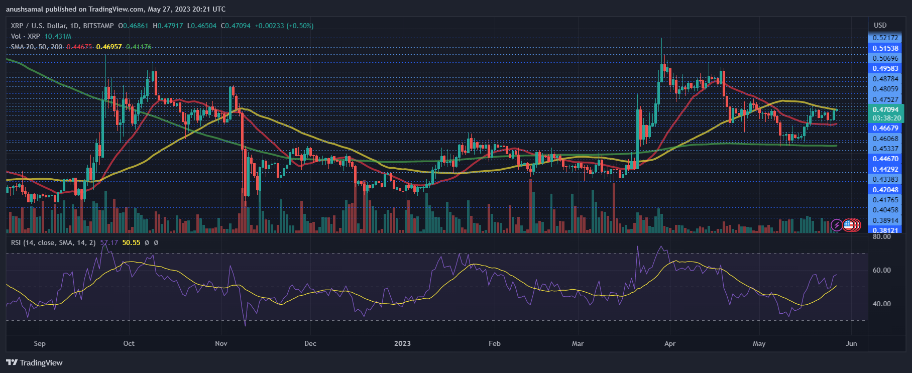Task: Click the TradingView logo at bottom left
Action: pyautogui.click(x=34, y=362)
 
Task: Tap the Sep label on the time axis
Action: pyautogui.click(x=40, y=343)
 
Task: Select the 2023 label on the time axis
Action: pyautogui.click(x=402, y=343)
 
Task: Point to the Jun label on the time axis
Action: pyautogui.click(x=851, y=343)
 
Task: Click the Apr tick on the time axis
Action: pyautogui.click(x=669, y=343)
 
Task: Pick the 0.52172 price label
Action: pyautogui.click(x=885, y=38)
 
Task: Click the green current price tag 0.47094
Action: pyautogui.click(x=885, y=109)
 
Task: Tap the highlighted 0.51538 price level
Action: pyautogui.click(x=885, y=48)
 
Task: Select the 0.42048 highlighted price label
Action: pyautogui.click(x=885, y=190)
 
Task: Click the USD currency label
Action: pyautogui.click(x=880, y=25)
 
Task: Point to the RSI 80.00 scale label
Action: pyautogui.click(x=882, y=236)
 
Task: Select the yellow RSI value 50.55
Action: pyautogui.click(x=131, y=242)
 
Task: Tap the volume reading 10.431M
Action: pyautogui.click(x=58, y=36)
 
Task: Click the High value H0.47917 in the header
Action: pyautogui.click(x=168, y=26)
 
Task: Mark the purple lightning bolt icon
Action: pyautogui.click(x=836, y=225)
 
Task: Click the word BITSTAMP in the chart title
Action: pyautogui.click(x=98, y=26)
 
